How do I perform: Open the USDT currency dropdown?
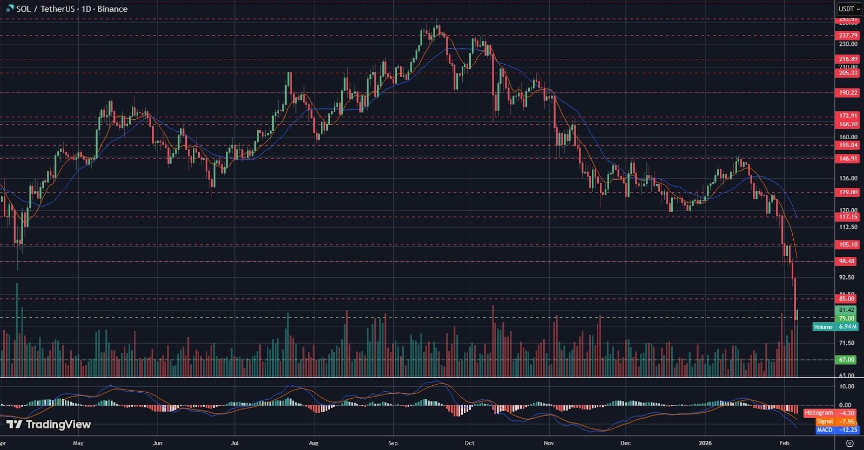pyautogui.click(x=849, y=9)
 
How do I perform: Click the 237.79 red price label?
pyautogui.click(x=848, y=36)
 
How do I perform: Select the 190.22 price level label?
pyautogui.click(x=848, y=93)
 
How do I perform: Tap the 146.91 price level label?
pyautogui.click(x=848, y=159)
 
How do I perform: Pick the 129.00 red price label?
pyautogui.click(x=848, y=192)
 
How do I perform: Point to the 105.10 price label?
pyautogui.click(x=848, y=244)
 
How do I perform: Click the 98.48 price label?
pyautogui.click(x=846, y=261)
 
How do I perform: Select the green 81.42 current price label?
pyautogui.click(x=846, y=310)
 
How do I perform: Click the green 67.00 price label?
pyautogui.click(x=846, y=360)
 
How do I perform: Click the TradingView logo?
pyautogui.click(x=49, y=425)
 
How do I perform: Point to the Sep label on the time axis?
pyautogui.click(x=393, y=443)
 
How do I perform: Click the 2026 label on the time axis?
pyautogui.click(x=705, y=443)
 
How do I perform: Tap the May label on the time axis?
pyautogui.click(x=78, y=443)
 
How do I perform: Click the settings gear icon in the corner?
pyautogui.click(x=849, y=443)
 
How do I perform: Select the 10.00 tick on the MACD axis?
pyautogui.click(x=846, y=386)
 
